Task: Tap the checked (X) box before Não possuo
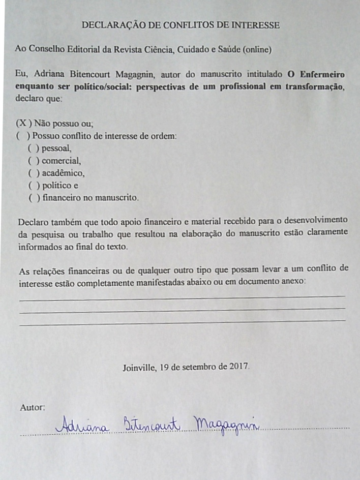[24, 124]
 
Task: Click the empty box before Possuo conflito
[22, 136]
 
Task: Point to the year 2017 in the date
[240, 366]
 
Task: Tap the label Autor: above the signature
[32, 407]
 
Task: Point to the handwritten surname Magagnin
[227, 425]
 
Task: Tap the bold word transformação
[315, 86]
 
